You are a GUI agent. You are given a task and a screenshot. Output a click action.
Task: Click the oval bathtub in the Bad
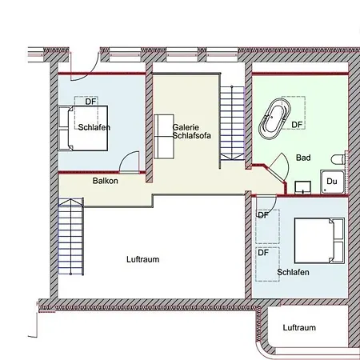click(274, 119)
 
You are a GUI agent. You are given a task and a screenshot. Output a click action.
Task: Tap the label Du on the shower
click(332, 182)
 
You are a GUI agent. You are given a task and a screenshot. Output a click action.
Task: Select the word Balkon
click(106, 181)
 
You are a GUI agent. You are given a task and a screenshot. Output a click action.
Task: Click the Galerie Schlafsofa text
click(191, 131)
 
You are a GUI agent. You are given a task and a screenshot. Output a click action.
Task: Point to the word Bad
click(303, 158)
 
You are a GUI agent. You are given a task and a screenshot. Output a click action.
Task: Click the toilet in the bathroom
click(338, 160)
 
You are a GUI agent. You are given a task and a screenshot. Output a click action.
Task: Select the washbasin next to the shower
click(302, 187)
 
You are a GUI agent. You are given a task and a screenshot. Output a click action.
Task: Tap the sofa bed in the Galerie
click(164, 137)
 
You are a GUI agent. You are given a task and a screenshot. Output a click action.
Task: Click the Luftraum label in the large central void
click(143, 259)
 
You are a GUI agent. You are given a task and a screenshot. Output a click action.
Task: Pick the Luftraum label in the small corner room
click(299, 327)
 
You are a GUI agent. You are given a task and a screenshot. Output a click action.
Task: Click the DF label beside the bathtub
click(297, 125)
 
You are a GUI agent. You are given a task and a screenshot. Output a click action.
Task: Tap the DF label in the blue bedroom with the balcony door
click(90, 102)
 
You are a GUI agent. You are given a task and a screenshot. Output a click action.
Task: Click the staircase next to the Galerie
click(232, 123)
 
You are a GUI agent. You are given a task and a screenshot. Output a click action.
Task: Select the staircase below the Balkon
click(71, 237)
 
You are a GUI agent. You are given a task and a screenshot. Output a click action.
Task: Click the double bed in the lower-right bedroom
click(319, 241)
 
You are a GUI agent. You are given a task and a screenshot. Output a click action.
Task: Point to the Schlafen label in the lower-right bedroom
click(293, 272)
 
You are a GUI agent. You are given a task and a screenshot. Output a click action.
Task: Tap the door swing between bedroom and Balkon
click(130, 162)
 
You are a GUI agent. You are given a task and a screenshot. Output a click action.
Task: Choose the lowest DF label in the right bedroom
click(263, 252)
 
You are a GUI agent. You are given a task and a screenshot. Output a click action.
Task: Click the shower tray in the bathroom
click(332, 182)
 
